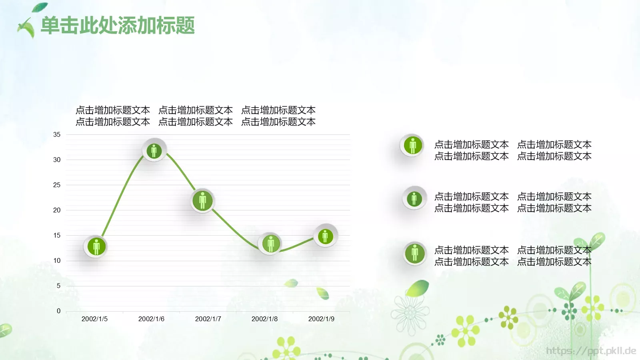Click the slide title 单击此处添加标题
(x=118, y=25)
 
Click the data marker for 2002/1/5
(x=96, y=246)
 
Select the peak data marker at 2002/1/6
(x=154, y=150)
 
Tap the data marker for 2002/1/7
(x=202, y=200)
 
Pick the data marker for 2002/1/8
(x=270, y=243)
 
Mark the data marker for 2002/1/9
(x=325, y=236)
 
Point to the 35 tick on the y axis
(x=57, y=135)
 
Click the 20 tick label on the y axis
(x=57, y=210)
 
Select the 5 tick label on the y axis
(x=58, y=286)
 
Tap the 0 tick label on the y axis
(x=58, y=311)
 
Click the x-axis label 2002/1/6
(x=151, y=319)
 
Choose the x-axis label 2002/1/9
(x=321, y=319)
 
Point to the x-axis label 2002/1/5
(x=94, y=319)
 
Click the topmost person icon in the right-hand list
(x=412, y=145)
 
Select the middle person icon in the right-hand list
(x=414, y=198)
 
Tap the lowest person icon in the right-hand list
(x=414, y=253)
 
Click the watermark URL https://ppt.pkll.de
(x=591, y=351)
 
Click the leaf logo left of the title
(x=27, y=27)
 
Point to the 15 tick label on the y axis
(x=57, y=236)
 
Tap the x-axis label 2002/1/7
(x=208, y=319)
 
